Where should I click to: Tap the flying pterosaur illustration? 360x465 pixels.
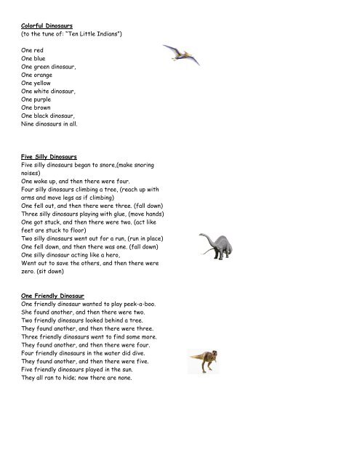click(181, 52)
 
